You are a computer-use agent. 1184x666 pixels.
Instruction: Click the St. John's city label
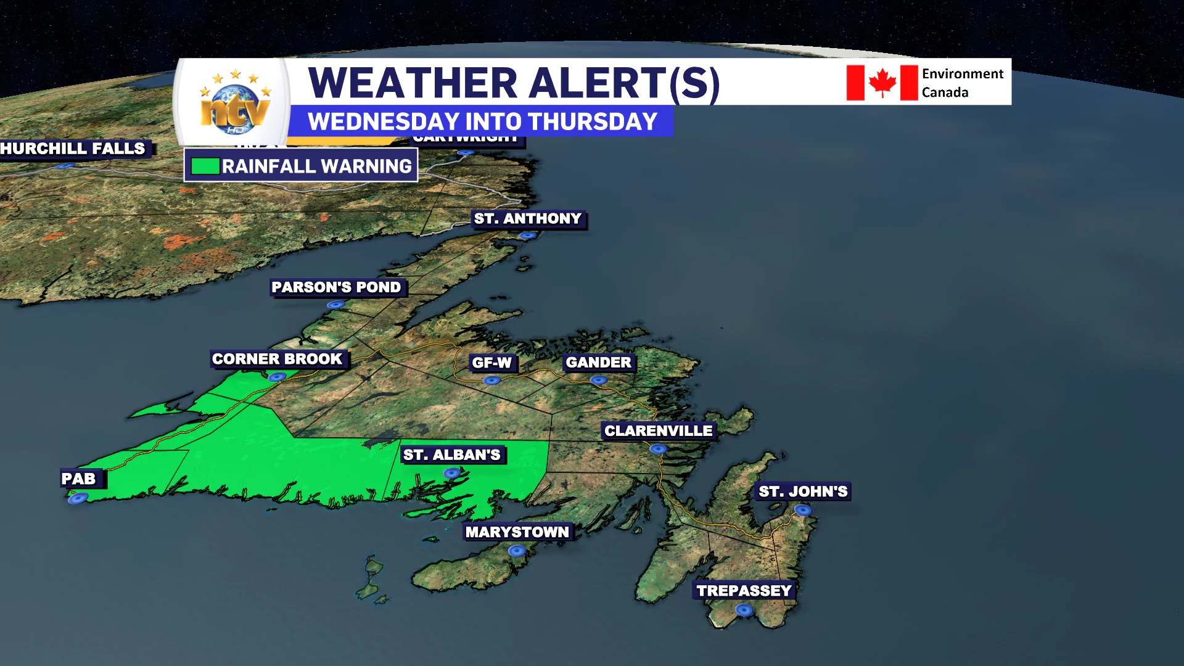pos(803,491)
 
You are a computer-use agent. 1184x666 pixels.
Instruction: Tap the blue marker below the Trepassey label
pos(744,610)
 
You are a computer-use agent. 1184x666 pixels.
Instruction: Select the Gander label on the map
pos(598,363)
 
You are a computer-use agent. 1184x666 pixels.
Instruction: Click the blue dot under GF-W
pos(491,380)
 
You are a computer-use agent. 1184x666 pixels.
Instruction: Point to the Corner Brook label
pos(277,359)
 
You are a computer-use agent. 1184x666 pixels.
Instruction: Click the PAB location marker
pos(78,498)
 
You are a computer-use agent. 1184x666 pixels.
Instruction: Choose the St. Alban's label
pos(451,455)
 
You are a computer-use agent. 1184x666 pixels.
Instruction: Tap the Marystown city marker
pos(517,551)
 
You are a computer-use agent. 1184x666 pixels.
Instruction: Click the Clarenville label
pos(658,430)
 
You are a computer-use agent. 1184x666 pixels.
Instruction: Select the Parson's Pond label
pos(336,287)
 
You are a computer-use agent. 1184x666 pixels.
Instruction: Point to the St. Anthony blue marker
pos(527,236)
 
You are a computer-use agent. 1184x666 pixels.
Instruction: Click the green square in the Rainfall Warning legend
pos(205,166)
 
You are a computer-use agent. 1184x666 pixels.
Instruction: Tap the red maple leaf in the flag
pos(882,83)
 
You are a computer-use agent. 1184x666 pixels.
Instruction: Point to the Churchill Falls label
pos(73,149)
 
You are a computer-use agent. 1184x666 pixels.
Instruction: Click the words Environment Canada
pos(962,83)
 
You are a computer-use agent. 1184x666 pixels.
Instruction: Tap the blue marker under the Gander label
pos(599,380)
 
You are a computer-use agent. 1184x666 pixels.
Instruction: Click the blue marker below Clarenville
pos(659,449)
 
